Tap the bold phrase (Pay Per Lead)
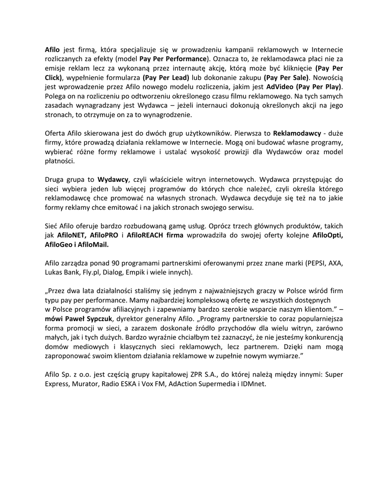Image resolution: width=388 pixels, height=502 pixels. [166, 77]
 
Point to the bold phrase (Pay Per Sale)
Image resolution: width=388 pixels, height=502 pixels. [286, 77]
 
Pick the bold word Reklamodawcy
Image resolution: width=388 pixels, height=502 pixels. [297, 133]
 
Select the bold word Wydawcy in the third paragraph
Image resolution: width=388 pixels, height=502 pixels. [113, 179]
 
